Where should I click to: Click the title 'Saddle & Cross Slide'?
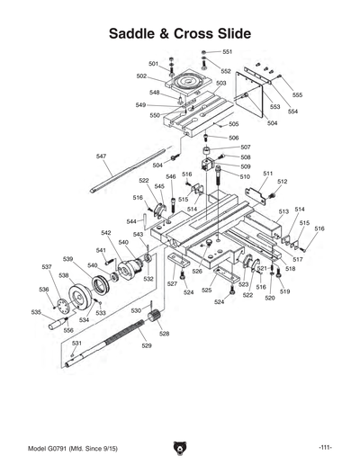[x=179, y=34]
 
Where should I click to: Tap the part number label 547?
[x=102, y=156]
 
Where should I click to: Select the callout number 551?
[x=228, y=52]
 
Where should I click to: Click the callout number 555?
[x=297, y=94]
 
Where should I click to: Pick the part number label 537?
[x=47, y=267]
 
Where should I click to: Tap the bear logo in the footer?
[x=179, y=447]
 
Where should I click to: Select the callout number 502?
[x=141, y=76]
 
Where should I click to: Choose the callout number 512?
[x=282, y=182]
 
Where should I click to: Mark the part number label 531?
[x=77, y=344]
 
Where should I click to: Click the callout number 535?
[x=36, y=312]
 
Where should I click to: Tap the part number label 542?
[x=105, y=233]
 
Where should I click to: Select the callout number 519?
[x=284, y=292]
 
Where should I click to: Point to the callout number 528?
[x=164, y=334]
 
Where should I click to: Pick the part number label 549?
[x=141, y=104]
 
